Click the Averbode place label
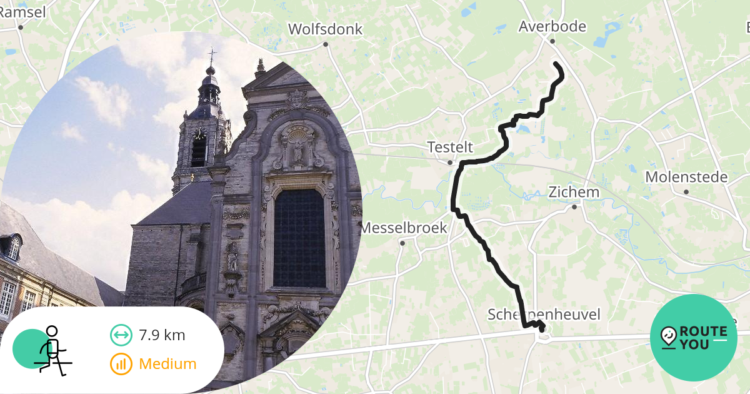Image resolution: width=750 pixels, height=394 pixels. [552, 26]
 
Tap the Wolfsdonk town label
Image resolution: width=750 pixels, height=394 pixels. [325, 29]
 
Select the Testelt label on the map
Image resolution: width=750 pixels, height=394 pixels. [450, 148]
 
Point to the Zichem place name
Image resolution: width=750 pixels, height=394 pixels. [574, 192]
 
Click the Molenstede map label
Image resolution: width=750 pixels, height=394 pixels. [686, 177]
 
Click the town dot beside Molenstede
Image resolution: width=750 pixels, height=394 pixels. [686, 192]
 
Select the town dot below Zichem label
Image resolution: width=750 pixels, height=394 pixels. [574, 207]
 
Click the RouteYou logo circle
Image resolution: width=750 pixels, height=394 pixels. [694, 338]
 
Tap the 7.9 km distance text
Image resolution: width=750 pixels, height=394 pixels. [162, 335]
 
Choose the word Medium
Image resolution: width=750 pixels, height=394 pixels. [167, 364]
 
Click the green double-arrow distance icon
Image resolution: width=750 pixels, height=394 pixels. [121, 335]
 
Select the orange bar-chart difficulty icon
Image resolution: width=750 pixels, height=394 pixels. [121, 364]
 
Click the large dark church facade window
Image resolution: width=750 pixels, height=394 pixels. [299, 238]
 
